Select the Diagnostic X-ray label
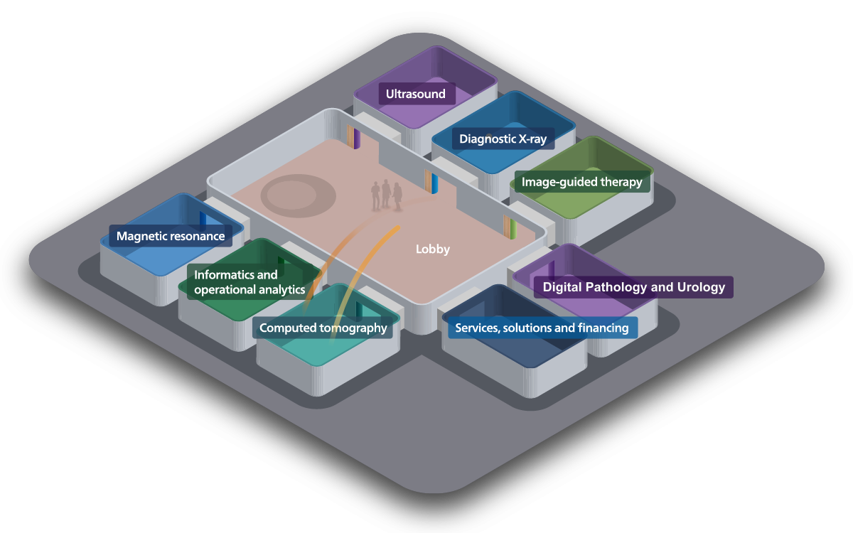(x=503, y=139)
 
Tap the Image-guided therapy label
(x=582, y=182)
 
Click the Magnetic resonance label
(x=171, y=236)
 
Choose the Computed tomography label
(x=323, y=328)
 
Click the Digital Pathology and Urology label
(x=633, y=287)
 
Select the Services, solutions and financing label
(x=542, y=328)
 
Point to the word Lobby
(x=433, y=249)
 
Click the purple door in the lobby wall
(x=357, y=139)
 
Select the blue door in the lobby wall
(x=434, y=183)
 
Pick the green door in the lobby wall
(x=513, y=228)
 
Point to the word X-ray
(x=532, y=139)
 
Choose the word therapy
(x=623, y=183)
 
